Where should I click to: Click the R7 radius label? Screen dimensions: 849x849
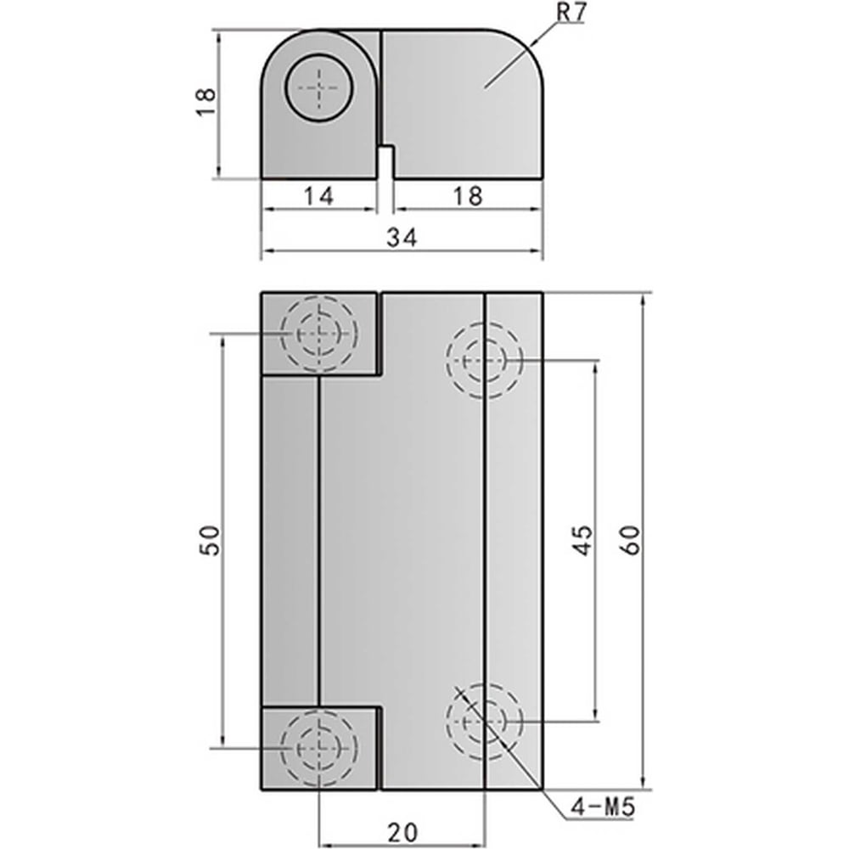tap(571, 13)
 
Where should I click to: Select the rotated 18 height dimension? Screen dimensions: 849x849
tap(206, 102)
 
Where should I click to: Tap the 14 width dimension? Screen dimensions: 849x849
tap(319, 195)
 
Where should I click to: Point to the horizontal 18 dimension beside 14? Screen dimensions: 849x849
tap(467, 195)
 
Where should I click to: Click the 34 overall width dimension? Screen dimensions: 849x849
tap(402, 237)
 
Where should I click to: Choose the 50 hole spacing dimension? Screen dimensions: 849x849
tap(210, 540)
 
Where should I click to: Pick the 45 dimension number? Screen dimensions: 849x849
tap(582, 540)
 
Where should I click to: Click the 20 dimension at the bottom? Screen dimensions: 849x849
tap(402, 832)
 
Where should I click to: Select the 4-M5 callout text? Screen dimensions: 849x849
tap(602, 808)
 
